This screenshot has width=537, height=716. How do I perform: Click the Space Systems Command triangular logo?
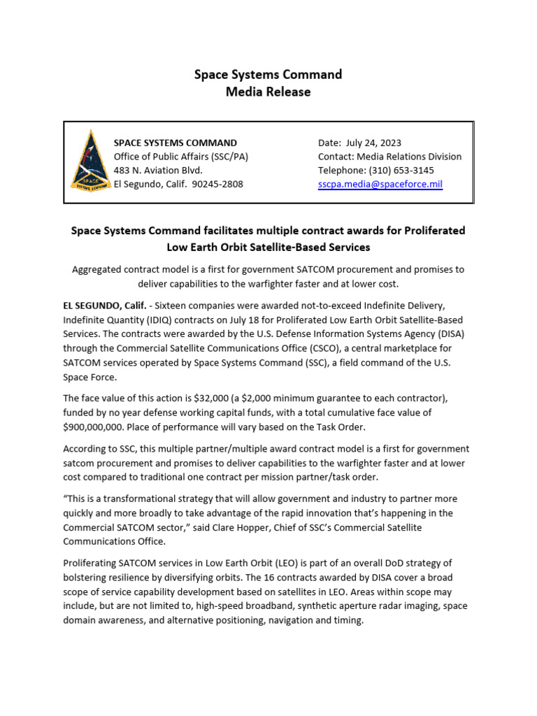point(89,162)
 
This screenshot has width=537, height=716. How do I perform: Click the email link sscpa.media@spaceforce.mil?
point(380,184)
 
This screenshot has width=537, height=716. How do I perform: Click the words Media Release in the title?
point(268,92)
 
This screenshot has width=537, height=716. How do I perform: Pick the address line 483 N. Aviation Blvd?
point(158,170)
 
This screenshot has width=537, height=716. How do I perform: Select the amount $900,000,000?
point(96,426)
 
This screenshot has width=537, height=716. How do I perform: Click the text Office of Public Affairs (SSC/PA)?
point(181,157)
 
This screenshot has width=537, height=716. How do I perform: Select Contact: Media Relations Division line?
point(389,157)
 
